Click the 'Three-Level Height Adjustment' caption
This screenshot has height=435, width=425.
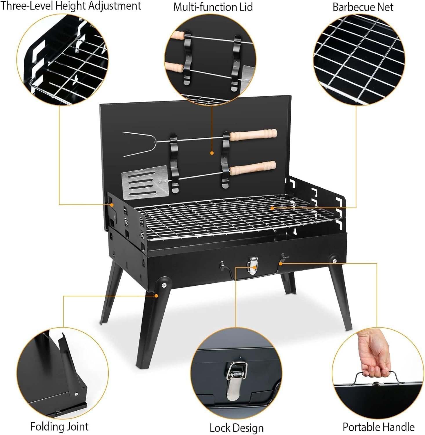click(70, 6)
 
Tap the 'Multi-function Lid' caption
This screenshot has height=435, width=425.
click(213, 7)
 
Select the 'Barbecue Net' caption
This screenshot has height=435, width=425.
click(363, 7)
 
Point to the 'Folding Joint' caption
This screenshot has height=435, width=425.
click(59, 427)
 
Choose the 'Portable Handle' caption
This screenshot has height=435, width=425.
click(378, 427)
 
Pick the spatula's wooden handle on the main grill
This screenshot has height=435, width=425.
click(253, 167)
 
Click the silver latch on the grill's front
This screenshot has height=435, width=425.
click(253, 264)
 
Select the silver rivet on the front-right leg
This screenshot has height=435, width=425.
click(335, 261)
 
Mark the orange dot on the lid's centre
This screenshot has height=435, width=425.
click(212, 153)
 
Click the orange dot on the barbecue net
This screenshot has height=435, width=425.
click(272, 208)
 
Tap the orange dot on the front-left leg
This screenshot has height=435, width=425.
click(156, 296)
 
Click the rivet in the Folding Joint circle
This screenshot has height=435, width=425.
click(76, 394)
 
